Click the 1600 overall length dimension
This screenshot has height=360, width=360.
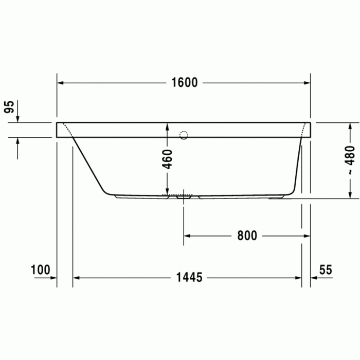tap(184, 83)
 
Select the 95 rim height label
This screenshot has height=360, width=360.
tap(9, 107)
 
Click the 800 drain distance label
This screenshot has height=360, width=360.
tap(247, 236)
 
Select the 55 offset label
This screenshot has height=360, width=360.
tap(325, 269)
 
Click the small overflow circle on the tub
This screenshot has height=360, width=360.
tap(184, 136)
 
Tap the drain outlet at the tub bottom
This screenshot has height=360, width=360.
tap(184, 196)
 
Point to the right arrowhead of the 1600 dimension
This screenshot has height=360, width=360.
tap(307, 83)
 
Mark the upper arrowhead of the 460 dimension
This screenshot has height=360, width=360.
tap(167, 126)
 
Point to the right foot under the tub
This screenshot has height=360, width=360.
tap(278, 196)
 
